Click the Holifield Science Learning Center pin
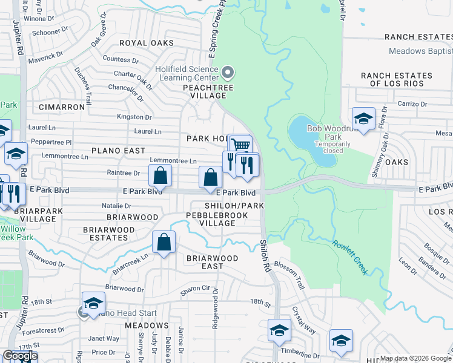coord(228,73)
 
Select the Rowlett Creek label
coord(349,257)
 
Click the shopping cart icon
coord(241,145)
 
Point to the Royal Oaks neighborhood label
coord(146,43)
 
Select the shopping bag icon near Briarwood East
coord(164,243)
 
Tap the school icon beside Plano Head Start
coord(93,304)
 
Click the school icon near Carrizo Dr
coord(363,119)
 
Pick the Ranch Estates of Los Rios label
coord(397,79)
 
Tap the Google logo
coord(20,356)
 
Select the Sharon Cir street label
coord(195,289)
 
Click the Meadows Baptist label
coord(420,51)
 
